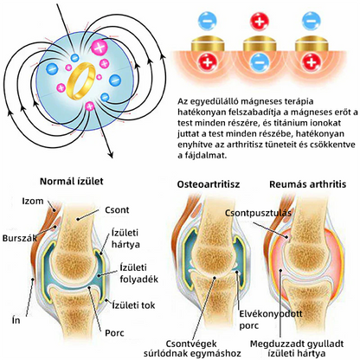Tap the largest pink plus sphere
(x=100, y=48)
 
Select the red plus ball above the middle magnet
(x=259, y=22)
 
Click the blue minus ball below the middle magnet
(x=259, y=62)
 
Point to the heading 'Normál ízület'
(x=71, y=181)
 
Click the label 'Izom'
(x=33, y=201)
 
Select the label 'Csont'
(x=117, y=209)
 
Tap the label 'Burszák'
(x=20, y=238)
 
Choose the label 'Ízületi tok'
(x=133, y=305)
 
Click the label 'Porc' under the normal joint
(x=114, y=333)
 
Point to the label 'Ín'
(x=16, y=320)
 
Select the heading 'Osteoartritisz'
(x=209, y=184)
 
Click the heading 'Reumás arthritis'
(x=307, y=184)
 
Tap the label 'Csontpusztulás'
(x=258, y=213)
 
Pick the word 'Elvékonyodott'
(x=271, y=313)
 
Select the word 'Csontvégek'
(x=191, y=344)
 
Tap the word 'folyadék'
(x=139, y=280)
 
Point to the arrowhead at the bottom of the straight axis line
(x=110, y=155)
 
